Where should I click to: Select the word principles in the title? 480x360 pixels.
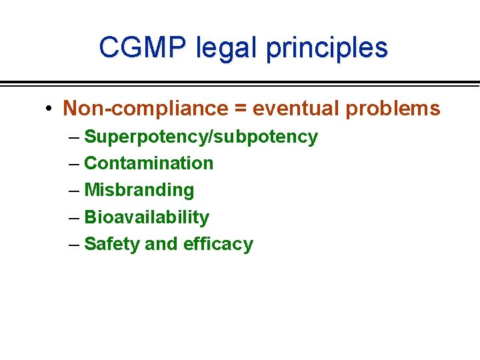click(328, 48)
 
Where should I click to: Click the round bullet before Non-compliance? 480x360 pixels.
click(50, 109)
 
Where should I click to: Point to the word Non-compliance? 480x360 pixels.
click(145, 108)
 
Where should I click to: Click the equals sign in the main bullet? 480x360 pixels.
click(240, 109)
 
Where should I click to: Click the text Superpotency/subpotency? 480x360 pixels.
click(201, 137)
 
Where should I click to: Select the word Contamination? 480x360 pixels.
click(149, 163)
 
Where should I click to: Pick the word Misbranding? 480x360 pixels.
click(139, 190)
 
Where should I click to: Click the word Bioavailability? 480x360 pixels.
click(147, 217)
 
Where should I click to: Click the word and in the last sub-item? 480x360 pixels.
click(161, 244)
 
